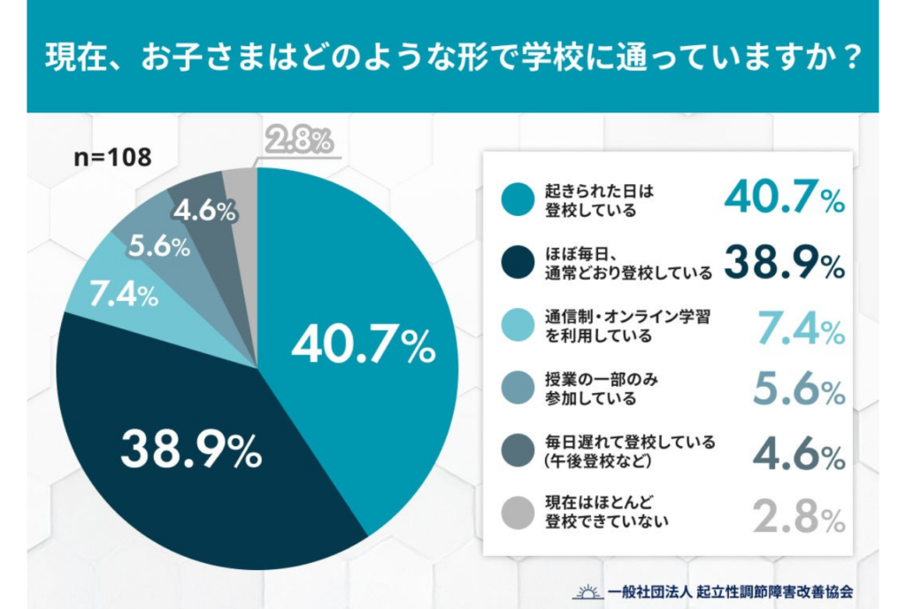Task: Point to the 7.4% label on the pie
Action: pyautogui.click(x=124, y=293)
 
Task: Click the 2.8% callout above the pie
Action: pyautogui.click(x=298, y=141)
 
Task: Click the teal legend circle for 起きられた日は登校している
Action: pyautogui.click(x=517, y=200)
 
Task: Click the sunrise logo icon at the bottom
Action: pyautogui.click(x=586, y=590)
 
